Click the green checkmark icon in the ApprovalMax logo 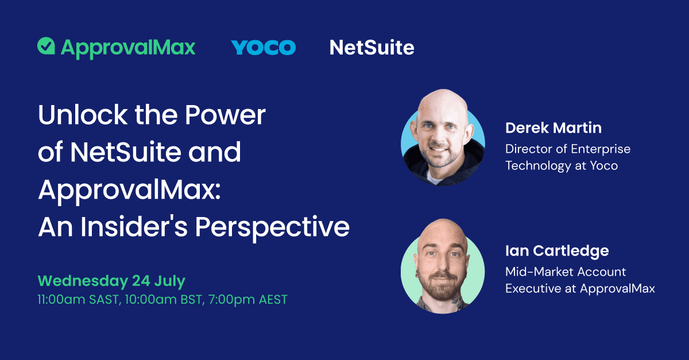(x=46, y=46)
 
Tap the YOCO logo (x=264, y=47)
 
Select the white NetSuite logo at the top (x=371, y=47)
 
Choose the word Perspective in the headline (x=272, y=227)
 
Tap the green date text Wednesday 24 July (x=111, y=281)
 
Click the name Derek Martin (x=553, y=127)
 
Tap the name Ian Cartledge (x=557, y=251)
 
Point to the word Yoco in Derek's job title (x=603, y=166)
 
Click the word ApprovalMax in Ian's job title (x=617, y=289)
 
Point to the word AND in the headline (x=218, y=153)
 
